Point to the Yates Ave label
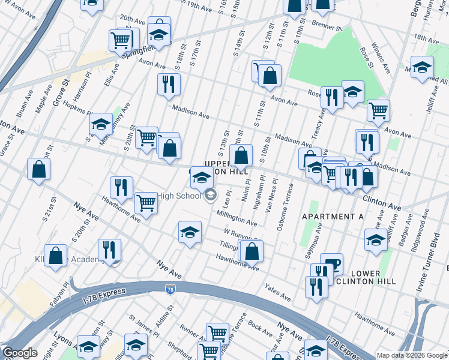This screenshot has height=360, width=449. pos(277,294)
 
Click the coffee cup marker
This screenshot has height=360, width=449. pos(331,263)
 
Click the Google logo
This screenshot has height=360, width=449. pos(19,353)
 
